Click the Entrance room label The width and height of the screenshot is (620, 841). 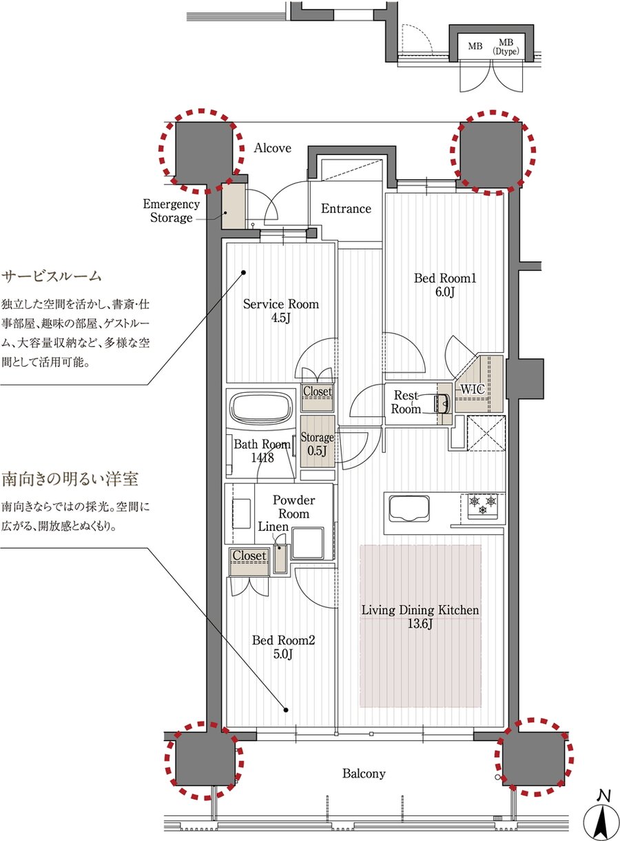(346, 209)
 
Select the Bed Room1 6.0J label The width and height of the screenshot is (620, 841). (445, 285)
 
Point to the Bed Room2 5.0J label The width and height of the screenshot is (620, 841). (283, 647)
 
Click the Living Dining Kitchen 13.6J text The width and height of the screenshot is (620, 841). (421, 617)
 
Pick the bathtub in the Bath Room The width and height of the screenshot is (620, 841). (260, 410)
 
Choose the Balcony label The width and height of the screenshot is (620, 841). (364, 773)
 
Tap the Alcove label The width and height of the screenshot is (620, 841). (273, 148)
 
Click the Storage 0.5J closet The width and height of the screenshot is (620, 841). (317, 443)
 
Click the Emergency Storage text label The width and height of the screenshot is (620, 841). (171, 211)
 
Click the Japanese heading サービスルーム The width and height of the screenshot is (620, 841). (52, 276)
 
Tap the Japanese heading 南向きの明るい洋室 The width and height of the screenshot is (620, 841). (76, 478)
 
